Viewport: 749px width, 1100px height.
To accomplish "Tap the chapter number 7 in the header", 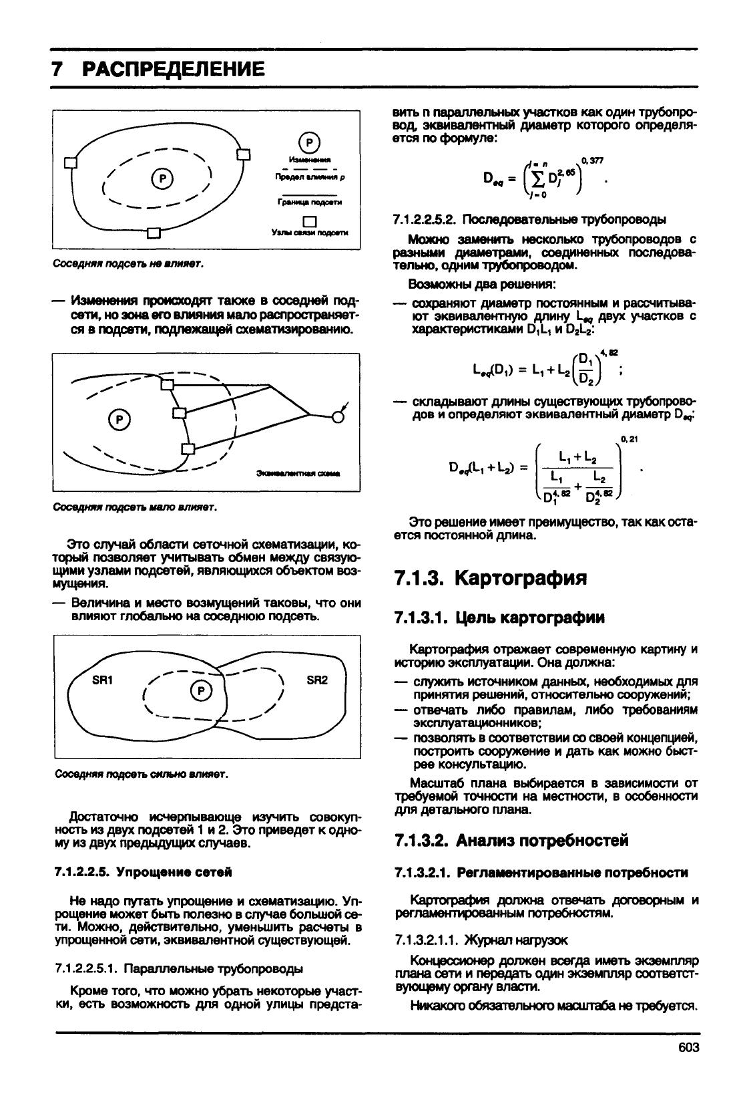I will [x=58, y=69].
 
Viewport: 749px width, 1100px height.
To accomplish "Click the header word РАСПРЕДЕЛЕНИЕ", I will [x=172, y=69].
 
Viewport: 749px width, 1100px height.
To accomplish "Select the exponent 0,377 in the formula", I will [x=592, y=160].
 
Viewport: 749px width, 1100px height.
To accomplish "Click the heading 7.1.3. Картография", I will [x=491, y=577].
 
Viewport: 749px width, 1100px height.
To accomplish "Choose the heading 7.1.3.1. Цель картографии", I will [x=499, y=617].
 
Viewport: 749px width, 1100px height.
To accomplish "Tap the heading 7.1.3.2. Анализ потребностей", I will [x=511, y=840].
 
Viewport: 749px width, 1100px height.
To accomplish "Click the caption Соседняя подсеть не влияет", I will [x=128, y=264].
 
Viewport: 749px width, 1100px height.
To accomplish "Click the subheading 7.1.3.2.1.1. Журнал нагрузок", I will [x=481, y=940].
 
